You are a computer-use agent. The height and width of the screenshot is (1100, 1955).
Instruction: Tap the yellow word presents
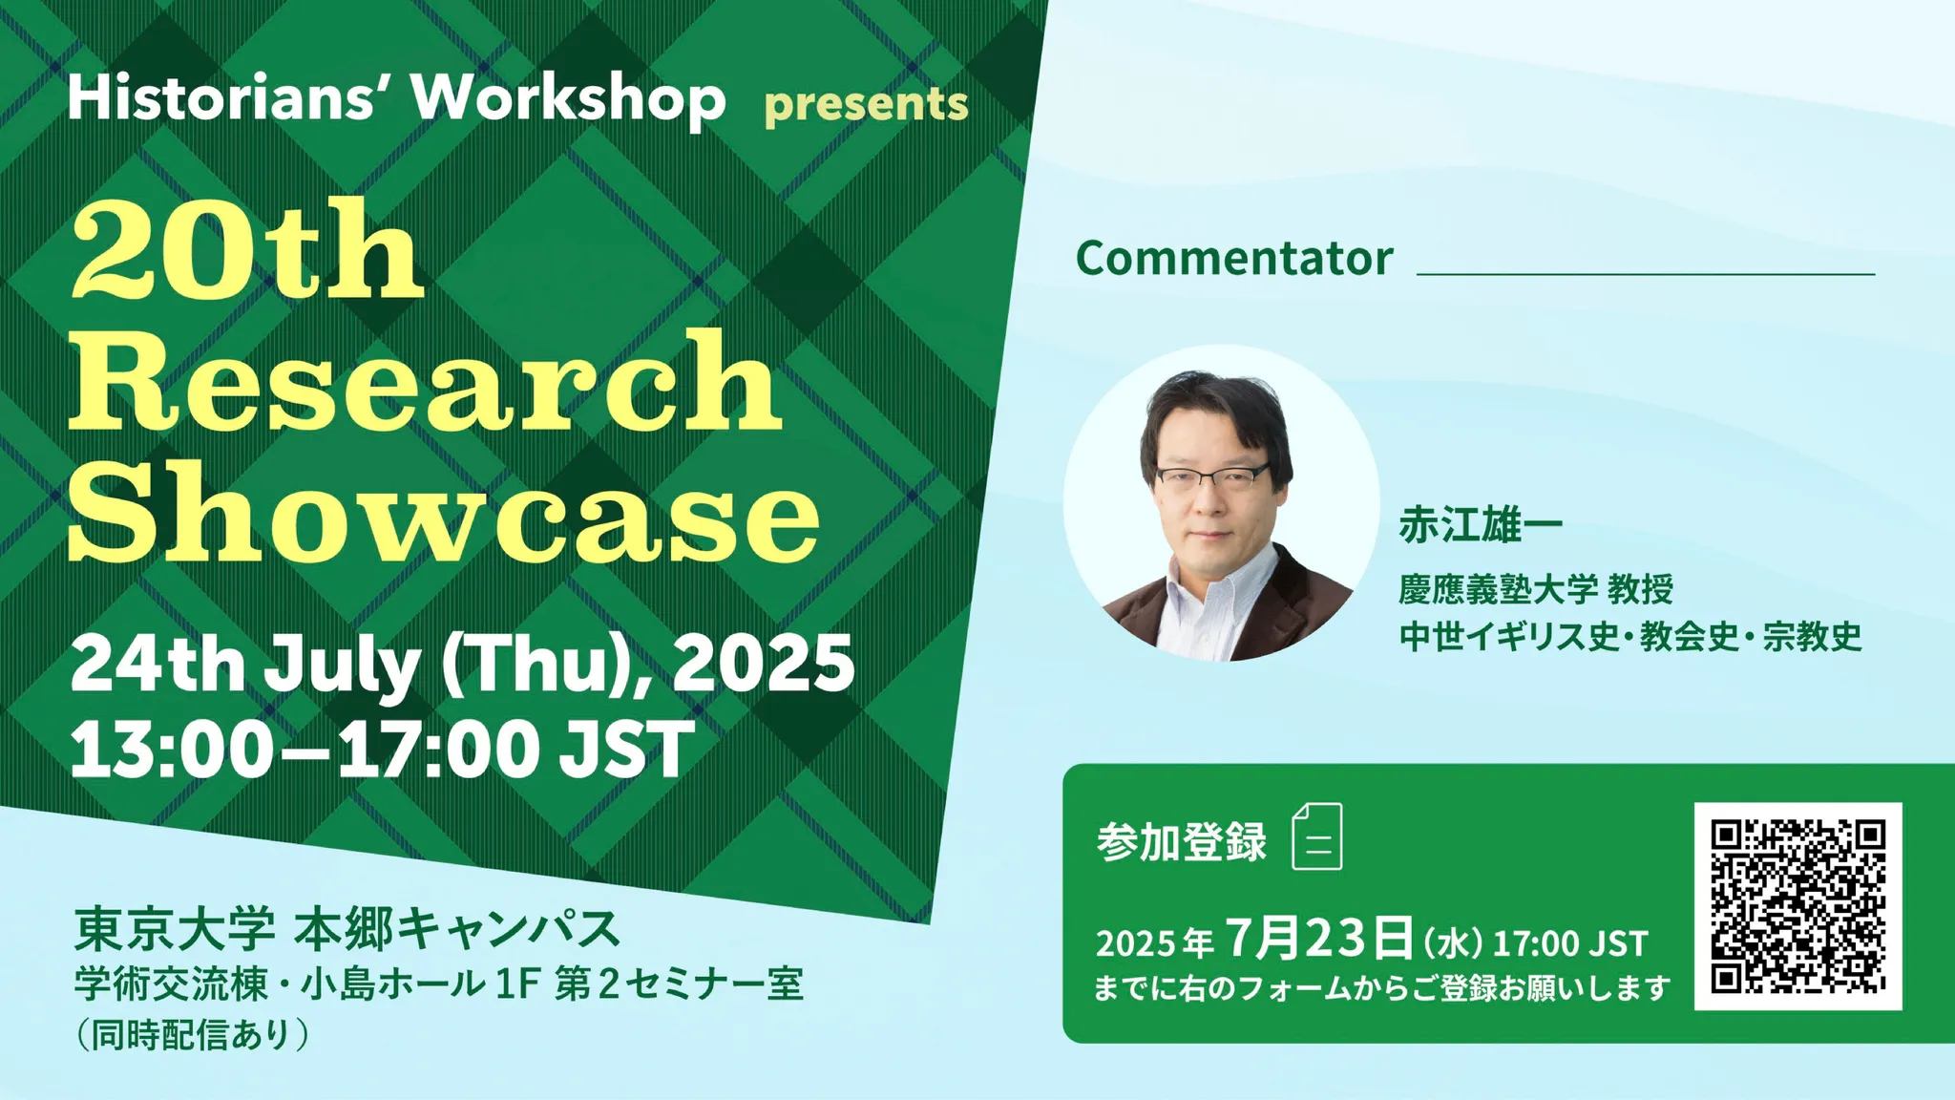click(x=866, y=104)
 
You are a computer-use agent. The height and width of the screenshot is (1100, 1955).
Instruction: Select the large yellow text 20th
click(x=246, y=252)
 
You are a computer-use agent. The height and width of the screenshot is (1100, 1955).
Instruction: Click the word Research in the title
click(x=426, y=381)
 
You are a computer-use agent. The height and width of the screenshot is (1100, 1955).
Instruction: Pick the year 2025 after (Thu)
click(x=763, y=663)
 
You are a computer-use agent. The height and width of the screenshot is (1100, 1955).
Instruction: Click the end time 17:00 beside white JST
click(x=438, y=749)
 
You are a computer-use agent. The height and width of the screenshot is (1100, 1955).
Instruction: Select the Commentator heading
click(x=1234, y=258)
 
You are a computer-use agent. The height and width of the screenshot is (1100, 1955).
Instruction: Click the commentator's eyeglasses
click(x=1212, y=476)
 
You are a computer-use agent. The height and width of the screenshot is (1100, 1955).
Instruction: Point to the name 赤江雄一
click(x=1481, y=524)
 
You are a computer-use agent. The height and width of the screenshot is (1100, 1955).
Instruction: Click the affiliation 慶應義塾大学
click(x=1498, y=589)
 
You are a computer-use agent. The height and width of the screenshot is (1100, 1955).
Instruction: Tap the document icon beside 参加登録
click(x=1317, y=836)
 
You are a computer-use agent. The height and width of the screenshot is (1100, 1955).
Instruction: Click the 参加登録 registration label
click(x=1182, y=841)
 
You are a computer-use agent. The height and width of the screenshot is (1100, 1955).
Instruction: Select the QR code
click(x=1798, y=906)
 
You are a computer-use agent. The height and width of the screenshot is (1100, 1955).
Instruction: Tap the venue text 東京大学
click(x=175, y=929)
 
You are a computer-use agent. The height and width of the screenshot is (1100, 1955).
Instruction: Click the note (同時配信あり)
click(x=193, y=1034)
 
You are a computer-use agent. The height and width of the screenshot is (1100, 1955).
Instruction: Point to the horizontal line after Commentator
click(x=1646, y=274)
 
